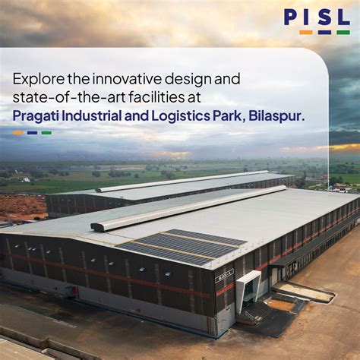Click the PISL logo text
click(x=317, y=17)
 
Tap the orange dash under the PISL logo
click(x=305, y=32)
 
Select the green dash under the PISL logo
click(x=343, y=32)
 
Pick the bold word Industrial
click(x=103, y=115)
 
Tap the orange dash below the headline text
click(x=17, y=133)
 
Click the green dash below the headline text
click(x=46, y=133)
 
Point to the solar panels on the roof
click(x=182, y=246)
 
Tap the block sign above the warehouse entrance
click(x=226, y=273)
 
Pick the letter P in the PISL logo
click(x=292, y=17)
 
